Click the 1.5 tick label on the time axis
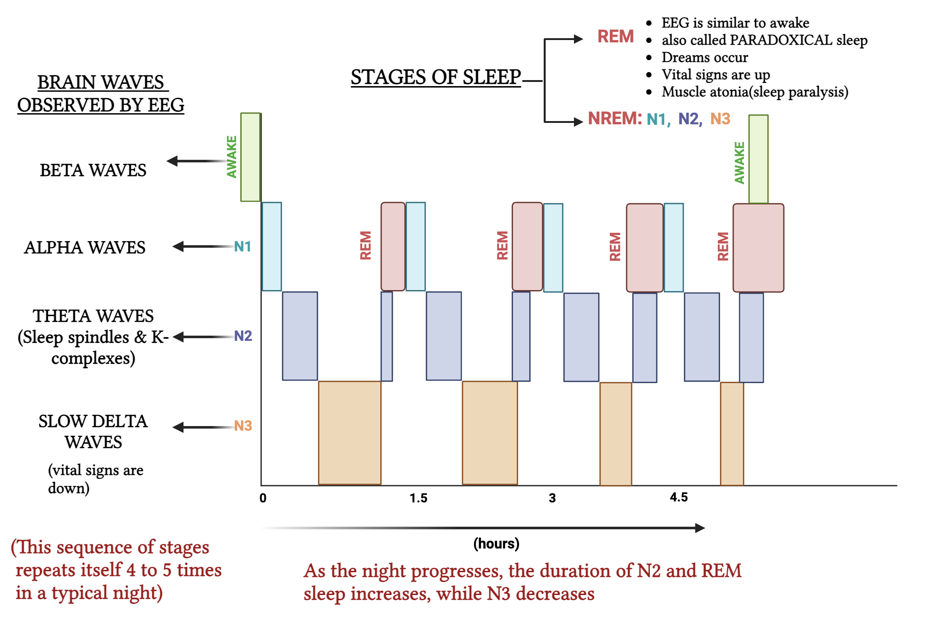tap(418, 498)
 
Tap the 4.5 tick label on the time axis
tap(679, 497)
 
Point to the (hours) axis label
tap(496, 543)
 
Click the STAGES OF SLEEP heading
tap(436, 77)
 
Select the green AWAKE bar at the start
tap(250, 157)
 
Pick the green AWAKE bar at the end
tap(758, 159)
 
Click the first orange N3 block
tap(350, 433)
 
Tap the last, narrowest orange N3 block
tap(732, 434)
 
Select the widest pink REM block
tap(758, 248)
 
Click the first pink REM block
tap(393, 246)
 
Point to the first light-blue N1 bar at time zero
tap(272, 246)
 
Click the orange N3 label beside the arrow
tap(243, 426)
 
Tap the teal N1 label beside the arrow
tap(243, 246)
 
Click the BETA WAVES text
tap(93, 170)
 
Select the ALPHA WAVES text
tap(85, 248)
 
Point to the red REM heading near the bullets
tap(615, 36)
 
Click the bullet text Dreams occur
tap(705, 57)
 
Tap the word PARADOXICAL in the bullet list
tap(781, 40)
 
